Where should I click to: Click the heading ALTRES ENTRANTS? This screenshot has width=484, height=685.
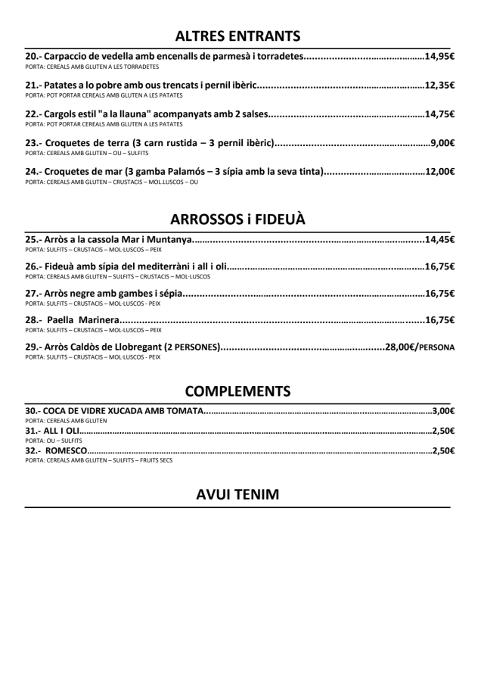coord(237,35)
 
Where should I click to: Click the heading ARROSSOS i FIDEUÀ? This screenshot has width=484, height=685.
coord(237,220)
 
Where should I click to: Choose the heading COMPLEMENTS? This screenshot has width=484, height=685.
coord(237,391)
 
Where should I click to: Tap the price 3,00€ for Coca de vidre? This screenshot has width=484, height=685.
coord(442,411)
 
